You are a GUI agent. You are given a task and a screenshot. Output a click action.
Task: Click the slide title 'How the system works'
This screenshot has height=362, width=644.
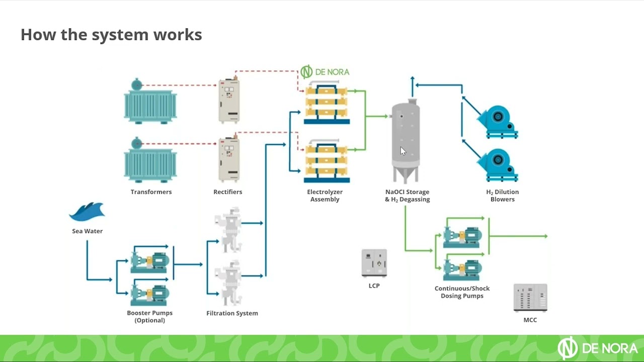click(x=111, y=35)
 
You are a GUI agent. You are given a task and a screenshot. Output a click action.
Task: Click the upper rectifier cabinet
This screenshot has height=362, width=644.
click(x=229, y=101)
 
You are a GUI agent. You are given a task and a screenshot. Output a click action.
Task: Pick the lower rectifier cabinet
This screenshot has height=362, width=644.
click(x=229, y=159)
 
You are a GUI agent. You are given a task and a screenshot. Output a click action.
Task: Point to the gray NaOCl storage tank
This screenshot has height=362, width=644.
click(x=406, y=141)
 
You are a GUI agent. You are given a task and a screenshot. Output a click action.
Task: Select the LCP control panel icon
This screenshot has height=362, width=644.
click(x=374, y=263)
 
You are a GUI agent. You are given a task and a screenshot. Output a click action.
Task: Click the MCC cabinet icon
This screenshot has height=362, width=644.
click(x=530, y=298)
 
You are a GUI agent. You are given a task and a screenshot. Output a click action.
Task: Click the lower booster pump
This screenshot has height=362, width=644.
click(x=150, y=294)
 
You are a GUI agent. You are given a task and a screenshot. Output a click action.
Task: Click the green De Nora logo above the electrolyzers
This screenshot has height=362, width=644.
click(x=325, y=72)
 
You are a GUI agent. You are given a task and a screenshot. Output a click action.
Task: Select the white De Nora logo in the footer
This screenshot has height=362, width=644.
click(x=597, y=348)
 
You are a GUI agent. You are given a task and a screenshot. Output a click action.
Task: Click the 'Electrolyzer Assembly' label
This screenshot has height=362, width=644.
click(x=325, y=196)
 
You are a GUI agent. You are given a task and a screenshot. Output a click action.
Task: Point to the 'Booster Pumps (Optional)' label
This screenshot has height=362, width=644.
click(x=149, y=316)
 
